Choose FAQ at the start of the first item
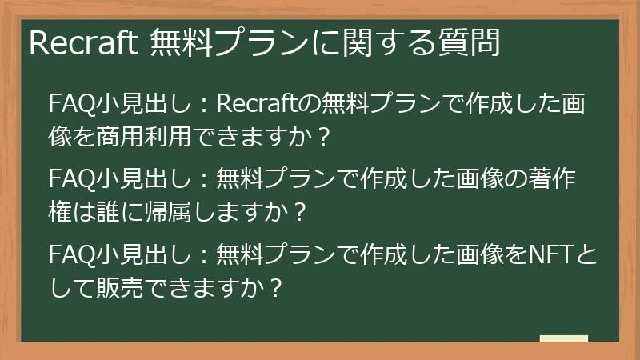tap(67, 104)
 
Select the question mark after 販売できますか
tap(276, 289)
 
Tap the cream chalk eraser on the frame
tap(564, 338)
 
